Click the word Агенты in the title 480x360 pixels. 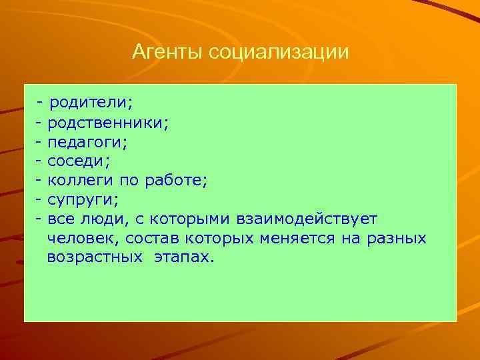(x=168, y=51)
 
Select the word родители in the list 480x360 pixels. (x=91, y=103)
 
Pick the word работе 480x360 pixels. (x=180, y=181)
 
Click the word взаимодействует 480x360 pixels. (x=305, y=219)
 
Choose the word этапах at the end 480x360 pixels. (x=185, y=257)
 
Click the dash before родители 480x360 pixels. (x=41, y=103)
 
